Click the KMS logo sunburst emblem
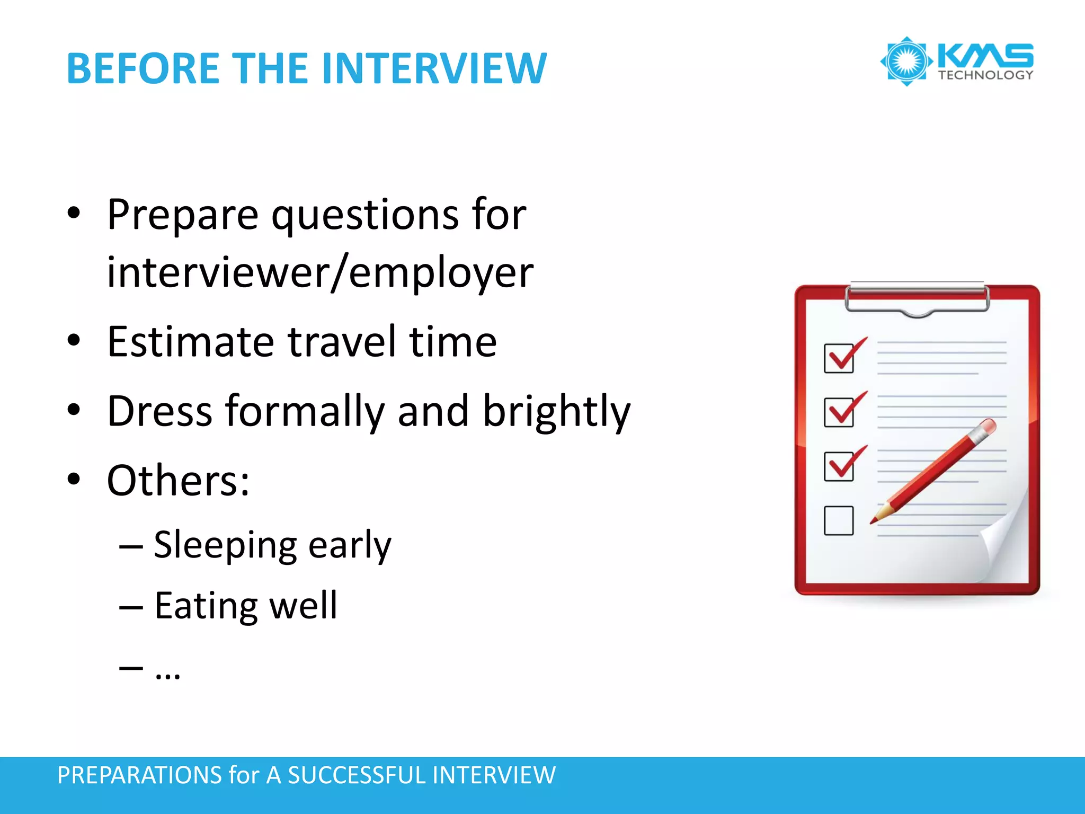tap(906, 61)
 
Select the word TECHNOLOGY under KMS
tap(985, 75)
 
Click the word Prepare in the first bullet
tap(183, 215)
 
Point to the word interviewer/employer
tap(320, 272)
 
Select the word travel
tap(342, 342)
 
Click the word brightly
tap(556, 412)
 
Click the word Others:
tap(178, 481)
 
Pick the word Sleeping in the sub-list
tap(225, 545)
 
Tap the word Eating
tap(206, 606)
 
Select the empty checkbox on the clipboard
tap(839, 520)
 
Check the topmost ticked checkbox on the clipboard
tap(839, 358)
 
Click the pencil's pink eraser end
tap(988, 426)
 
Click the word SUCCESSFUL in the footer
tap(358, 775)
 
